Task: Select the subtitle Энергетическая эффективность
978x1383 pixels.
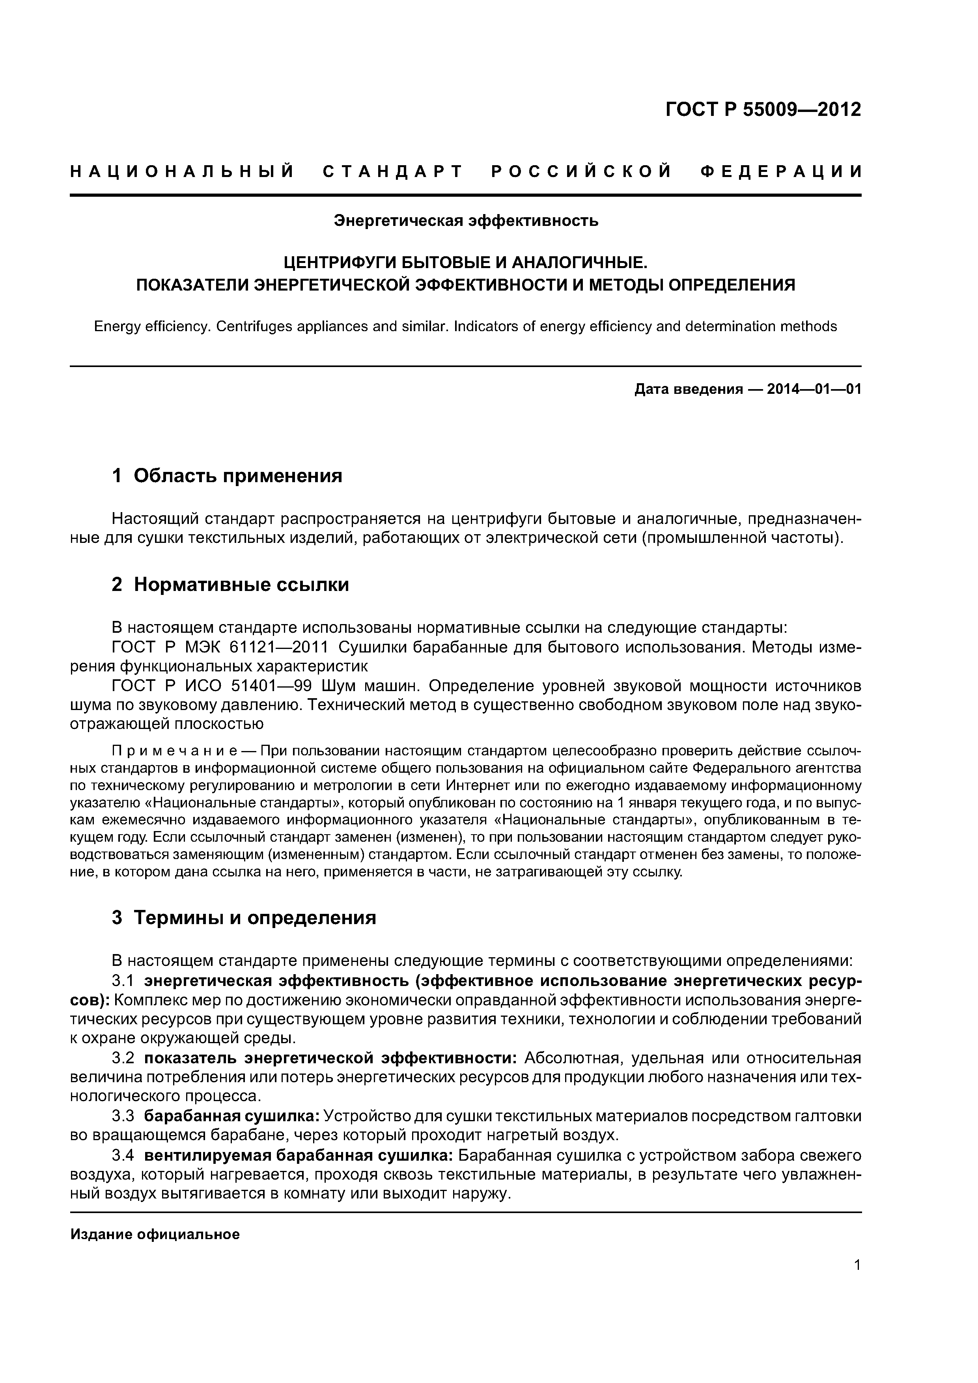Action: tap(466, 221)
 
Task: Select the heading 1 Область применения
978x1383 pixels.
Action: tap(227, 476)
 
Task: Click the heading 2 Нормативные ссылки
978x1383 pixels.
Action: tap(230, 584)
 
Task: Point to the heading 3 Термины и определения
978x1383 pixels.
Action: tap(244, 917)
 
